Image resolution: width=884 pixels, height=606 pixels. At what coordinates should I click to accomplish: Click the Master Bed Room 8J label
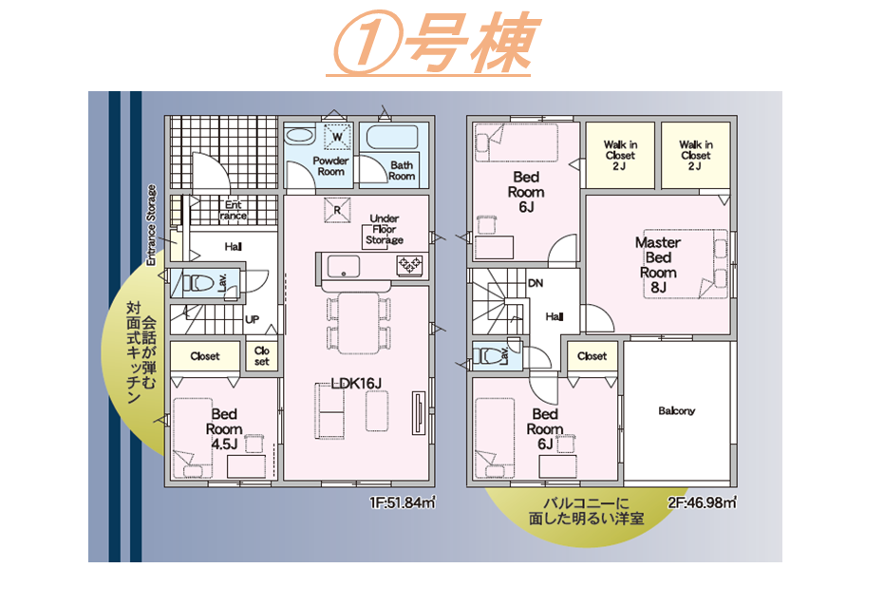(x=658, y=265)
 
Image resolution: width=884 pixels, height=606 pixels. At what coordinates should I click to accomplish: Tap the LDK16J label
(x=356, y=384)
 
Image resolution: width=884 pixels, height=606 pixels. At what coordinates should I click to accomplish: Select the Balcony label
(x=676, y=411)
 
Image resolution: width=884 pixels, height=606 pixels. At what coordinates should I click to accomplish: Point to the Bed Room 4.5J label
(x=224, y=429)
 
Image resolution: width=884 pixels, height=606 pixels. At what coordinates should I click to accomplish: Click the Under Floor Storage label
(x=385, y=229)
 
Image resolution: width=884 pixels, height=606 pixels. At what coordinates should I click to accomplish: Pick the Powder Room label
(x=331, y=165)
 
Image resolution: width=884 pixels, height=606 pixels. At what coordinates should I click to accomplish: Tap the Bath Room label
(x=403, y=170)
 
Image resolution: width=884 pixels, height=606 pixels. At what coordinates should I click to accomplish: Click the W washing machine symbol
(x=337, y=137)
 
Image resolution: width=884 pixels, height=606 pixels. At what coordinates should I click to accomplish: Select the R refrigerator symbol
(x=337, y=210)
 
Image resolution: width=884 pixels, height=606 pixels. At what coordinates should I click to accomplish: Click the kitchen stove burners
(x=410, y=265)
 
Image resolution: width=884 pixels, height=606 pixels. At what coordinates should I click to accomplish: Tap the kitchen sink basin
(x=344, y=266)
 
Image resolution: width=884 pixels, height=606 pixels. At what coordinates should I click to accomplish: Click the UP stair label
(x=252, y=320)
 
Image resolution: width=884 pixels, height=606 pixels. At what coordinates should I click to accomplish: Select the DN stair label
(x=536, y=282)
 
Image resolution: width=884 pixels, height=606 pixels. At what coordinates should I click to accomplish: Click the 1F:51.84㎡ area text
(x=402, y=502)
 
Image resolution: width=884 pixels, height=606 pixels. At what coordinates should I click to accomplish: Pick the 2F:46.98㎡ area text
(x=703, y=502)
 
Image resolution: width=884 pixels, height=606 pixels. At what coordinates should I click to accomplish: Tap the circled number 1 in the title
(x=367, y=42)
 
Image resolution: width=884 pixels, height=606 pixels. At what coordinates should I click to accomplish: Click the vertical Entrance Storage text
(x=151, y=225)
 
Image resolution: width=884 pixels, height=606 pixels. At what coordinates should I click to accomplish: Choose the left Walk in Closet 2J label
(x=620, y=155)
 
